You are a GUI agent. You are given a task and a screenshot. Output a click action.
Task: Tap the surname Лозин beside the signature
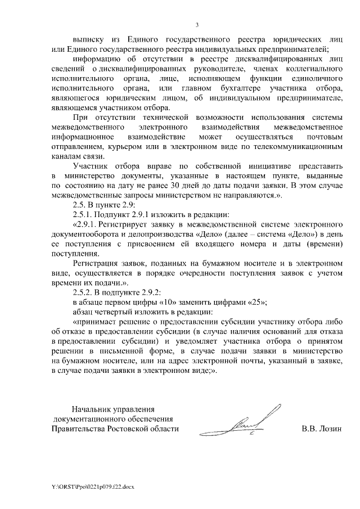point(330,429)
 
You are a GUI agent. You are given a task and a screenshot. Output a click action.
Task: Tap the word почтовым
point(323,137)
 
